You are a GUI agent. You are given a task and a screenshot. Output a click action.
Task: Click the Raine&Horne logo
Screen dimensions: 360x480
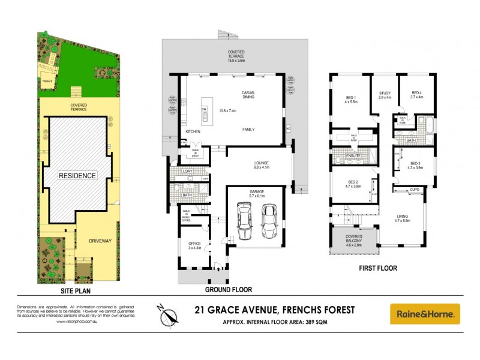(x=425, y=313)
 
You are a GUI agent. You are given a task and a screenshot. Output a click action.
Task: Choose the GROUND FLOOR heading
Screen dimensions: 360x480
(x=228, y=290)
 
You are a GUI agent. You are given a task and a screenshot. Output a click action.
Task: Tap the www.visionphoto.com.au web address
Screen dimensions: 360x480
(x=77, y=322)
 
